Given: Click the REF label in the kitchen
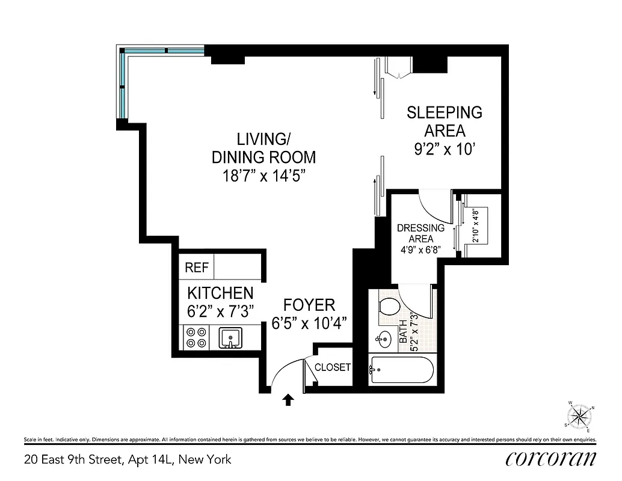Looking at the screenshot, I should [196, 268].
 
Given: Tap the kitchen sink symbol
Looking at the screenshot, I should [230, 338].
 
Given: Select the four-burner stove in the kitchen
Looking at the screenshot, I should [196, 337].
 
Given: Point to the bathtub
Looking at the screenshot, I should [401, 369].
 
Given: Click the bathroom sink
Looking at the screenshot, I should [383, 339].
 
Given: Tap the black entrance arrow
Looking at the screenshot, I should [288, 400].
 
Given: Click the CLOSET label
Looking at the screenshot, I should [333, 367].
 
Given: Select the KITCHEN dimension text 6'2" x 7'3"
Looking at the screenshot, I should [221, 311].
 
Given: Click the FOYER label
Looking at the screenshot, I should [309, 305].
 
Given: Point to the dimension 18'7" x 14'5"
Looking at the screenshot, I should [263, 176].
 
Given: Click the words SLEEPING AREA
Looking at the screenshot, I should [445, 121].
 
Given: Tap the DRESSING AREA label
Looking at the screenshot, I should [420, 233].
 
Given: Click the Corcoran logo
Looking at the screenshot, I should [551, 459].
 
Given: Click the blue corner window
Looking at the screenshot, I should [123, 84].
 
